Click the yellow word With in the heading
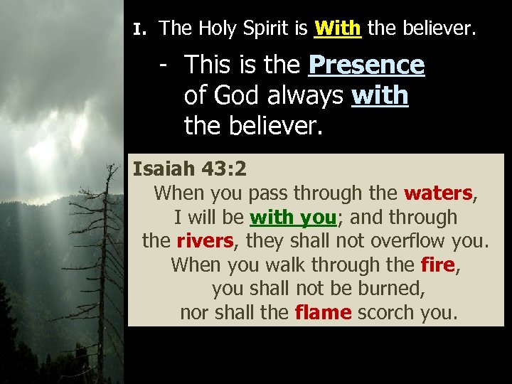[x=338, y=29]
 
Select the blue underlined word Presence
[x=366, y=65]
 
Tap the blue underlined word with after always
[x=380, y=95]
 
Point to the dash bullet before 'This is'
[x=164, y=65]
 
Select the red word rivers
[x=205, y=241]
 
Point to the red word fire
[x=437, y=265]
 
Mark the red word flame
[x=323, y=313]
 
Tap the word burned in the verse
[x=385, y=289]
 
